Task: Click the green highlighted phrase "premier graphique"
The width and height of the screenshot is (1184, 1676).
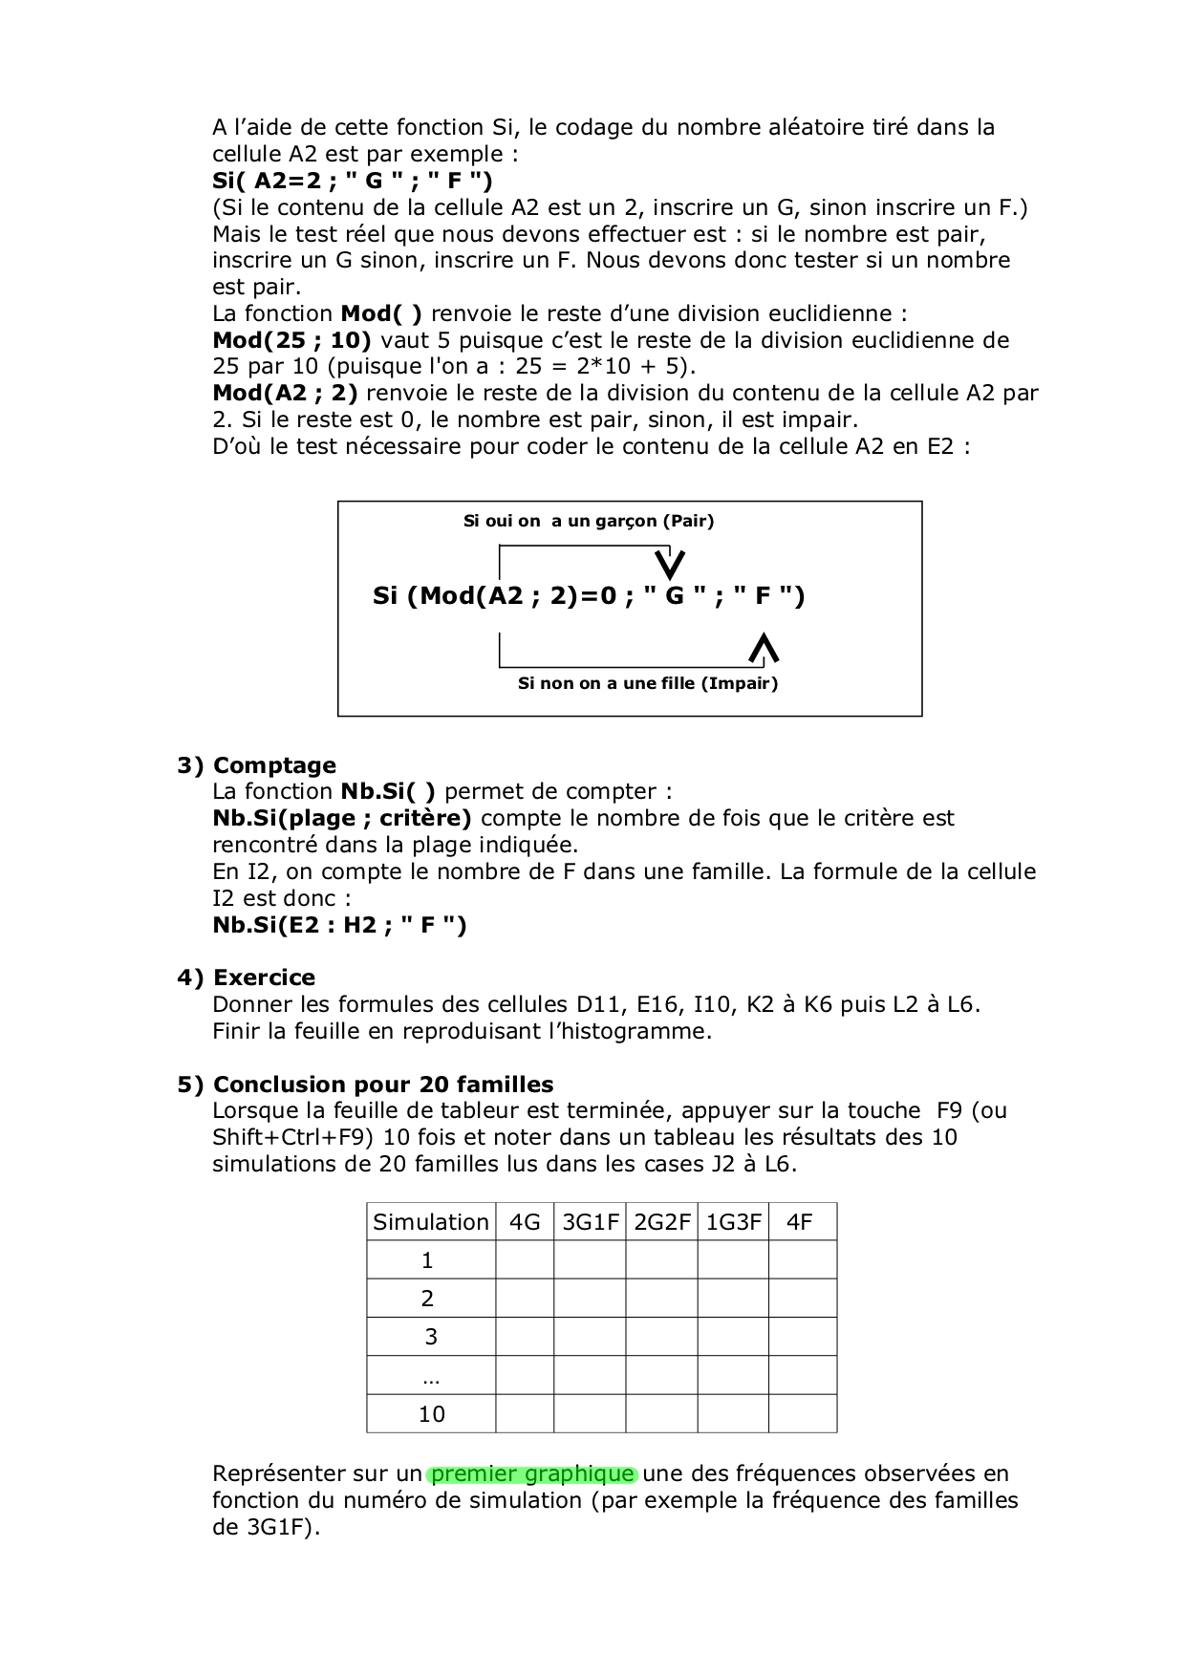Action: [x=532, y=1473]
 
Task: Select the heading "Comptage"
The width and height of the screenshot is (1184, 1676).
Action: [x=274, y=765]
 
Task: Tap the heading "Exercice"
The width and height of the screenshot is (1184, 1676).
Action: [x=264, y=978]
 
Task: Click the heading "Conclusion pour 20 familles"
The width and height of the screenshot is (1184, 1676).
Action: [x=383, y=1085]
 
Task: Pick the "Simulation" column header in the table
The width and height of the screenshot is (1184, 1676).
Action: [x=431, y=1222]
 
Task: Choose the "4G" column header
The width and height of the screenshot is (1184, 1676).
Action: [x=525, y=1222]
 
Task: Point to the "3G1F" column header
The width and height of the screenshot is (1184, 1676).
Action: [x=591, y=1222]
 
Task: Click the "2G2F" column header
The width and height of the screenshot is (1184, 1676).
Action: [x=662, y=1222]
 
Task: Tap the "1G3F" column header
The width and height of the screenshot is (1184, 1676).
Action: [x=733, y=1222]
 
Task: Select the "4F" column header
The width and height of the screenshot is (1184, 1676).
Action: [x=800, y=1222]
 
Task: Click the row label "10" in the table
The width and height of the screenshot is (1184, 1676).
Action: [x=432, y=1414]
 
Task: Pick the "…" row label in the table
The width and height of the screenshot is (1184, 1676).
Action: [x=430, y=1377]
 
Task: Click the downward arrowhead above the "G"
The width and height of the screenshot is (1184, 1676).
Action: [x=673, y=564]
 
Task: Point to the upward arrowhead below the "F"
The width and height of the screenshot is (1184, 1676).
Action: [x=764, y=648]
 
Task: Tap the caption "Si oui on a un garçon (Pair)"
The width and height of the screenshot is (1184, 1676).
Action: [x=589, y=521]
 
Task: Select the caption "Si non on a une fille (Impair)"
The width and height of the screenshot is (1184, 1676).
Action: [x=648, y=683]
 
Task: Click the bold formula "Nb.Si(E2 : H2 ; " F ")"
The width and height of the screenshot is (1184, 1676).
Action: [x=339, y=925]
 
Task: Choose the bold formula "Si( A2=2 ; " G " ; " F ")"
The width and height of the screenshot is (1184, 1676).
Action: [x=353, y=181]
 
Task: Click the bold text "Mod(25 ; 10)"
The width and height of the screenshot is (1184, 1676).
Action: [x=291, y=340]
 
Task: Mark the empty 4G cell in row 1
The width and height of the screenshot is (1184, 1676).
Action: [x=525, y=1260]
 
